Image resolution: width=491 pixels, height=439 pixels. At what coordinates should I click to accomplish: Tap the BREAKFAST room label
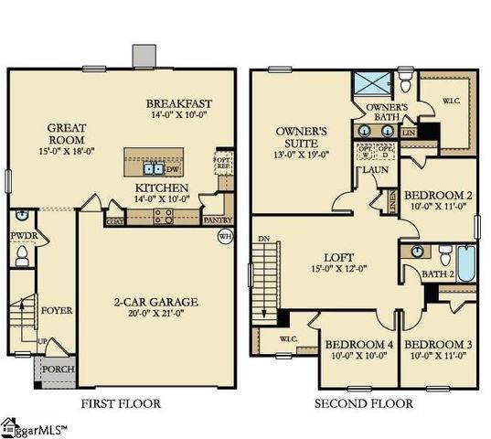(179, 103)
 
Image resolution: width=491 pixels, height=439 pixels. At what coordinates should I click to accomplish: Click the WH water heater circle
(225, 237)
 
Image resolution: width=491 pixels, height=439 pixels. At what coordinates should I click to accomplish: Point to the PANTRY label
(218, 220)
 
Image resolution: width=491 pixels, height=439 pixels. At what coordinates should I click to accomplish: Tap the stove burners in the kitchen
(163, 217)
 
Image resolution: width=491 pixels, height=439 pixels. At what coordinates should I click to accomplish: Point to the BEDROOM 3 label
(437, 345)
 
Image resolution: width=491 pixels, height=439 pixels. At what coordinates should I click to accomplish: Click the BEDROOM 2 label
(438, 196)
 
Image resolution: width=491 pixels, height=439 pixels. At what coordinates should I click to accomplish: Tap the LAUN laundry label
(374, 170)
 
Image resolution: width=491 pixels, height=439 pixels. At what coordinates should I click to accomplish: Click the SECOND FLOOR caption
(363, 403)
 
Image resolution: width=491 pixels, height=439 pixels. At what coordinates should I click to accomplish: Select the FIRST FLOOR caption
(121, 403)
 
